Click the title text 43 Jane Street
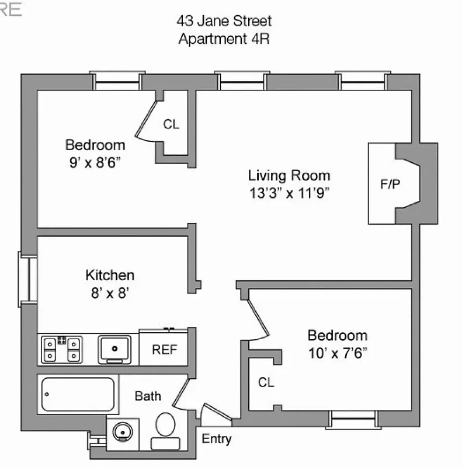(x=224, y=22)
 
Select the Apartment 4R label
(x=224, y=39)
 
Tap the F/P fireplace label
(x=390, y=184)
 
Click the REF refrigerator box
(x=164, y=350)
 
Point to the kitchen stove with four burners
(x=61, y=350)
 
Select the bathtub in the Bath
(x=78, y=393)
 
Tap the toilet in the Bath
(x=166, y=431)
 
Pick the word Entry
(x=217, y=440)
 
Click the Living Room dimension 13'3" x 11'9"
(x=290, y=194)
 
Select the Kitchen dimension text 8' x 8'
(x=110, y=292)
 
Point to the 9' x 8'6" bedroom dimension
(x=95, y=163)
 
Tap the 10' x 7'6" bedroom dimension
(x=337, y=354)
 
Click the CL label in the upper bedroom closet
(x=171, y=124)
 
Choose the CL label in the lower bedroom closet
(x=266, y=383)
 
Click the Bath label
(x=148, y=396)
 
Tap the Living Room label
(x=289, y=175)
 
